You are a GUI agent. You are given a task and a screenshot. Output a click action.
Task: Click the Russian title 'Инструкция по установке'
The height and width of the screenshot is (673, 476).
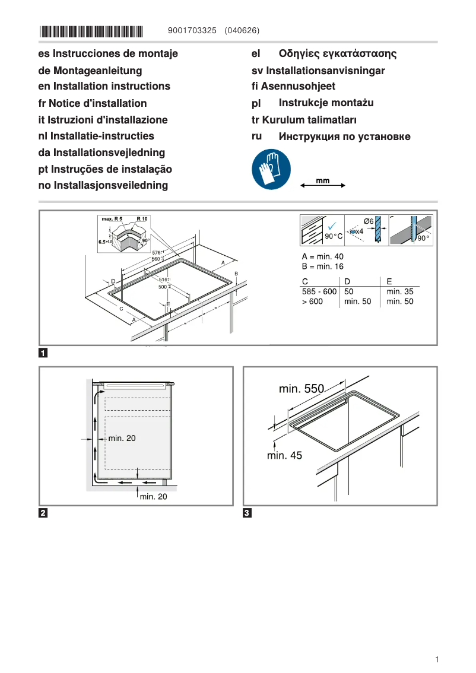[x=344, y=137]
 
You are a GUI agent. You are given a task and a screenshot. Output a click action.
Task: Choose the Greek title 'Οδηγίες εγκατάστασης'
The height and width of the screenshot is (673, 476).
[x=337, y=54]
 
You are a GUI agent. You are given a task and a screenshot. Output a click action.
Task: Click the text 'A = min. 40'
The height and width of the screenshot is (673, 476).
[x=323, y=256]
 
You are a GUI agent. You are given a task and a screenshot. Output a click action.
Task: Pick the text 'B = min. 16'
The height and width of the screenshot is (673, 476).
[x=323, y=267]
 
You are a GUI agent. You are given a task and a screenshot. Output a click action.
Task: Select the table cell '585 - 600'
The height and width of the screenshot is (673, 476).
[x=319, y=292]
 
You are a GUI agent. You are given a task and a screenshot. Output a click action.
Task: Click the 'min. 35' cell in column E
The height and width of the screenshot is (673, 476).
[x=399, y=292]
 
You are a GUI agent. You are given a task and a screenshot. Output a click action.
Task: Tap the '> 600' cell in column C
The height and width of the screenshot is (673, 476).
[x=313, y=302]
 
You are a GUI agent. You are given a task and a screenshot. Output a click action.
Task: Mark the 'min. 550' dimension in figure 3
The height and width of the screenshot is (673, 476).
[x=302, y=389]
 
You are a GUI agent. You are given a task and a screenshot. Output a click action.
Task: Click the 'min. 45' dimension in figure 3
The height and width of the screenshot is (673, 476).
[x=284, y=456]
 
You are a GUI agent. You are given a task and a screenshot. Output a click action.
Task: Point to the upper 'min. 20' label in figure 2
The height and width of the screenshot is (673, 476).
[x=122, y=439]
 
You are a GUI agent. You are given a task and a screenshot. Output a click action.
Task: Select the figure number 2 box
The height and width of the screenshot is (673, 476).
[x=43, y=513]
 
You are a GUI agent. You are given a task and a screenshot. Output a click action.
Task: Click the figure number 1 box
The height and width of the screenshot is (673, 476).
[x=43, y=354]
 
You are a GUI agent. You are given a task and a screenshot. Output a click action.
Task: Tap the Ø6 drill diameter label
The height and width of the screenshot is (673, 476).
[x=368, y=221]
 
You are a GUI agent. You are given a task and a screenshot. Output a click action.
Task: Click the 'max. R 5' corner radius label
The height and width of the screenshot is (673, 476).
[x=111, y=219]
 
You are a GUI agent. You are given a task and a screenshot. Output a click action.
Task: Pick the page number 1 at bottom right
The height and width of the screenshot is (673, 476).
[x=436, y=659]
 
